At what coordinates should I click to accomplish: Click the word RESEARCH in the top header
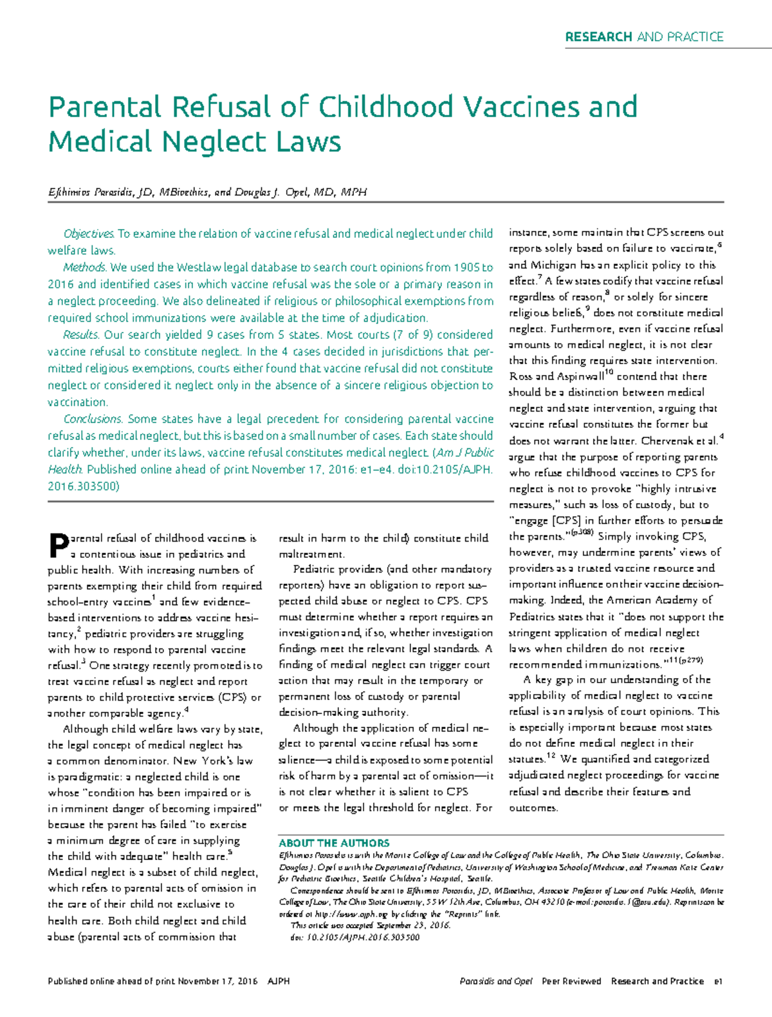click(598, 37)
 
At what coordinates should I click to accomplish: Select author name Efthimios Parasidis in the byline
click(91, 192)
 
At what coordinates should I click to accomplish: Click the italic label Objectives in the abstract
click(88, 234)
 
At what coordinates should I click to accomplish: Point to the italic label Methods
click(84, 268)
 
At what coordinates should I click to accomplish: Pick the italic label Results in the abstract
click(80, 334)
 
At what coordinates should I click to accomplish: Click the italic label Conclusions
click(93, 419)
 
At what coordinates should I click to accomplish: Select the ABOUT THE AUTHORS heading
click(334, 843)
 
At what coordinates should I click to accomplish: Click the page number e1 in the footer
click(718, 981)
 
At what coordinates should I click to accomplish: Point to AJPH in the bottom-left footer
click(279, 981)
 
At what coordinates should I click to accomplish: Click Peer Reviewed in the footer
click(571, 981)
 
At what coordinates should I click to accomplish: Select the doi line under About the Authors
click(355, 937)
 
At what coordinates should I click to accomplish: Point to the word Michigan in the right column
click(551, 265)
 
